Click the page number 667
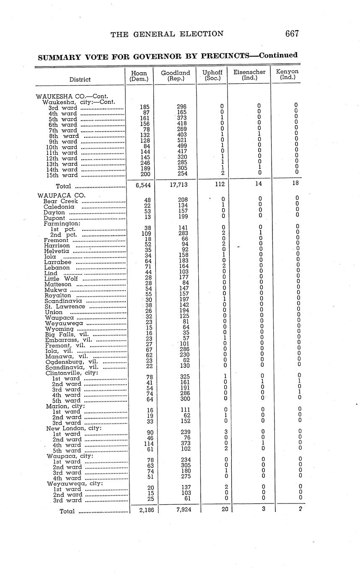(292, 34)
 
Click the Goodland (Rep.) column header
(175, 75)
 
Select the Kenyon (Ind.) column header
(287, 74)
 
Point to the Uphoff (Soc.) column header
(212, 75)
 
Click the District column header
(80, 79)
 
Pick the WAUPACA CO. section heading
(61, 195)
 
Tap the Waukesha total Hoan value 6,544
(140, 185)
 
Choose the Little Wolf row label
(61, 279)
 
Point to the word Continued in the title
(278, 55)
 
